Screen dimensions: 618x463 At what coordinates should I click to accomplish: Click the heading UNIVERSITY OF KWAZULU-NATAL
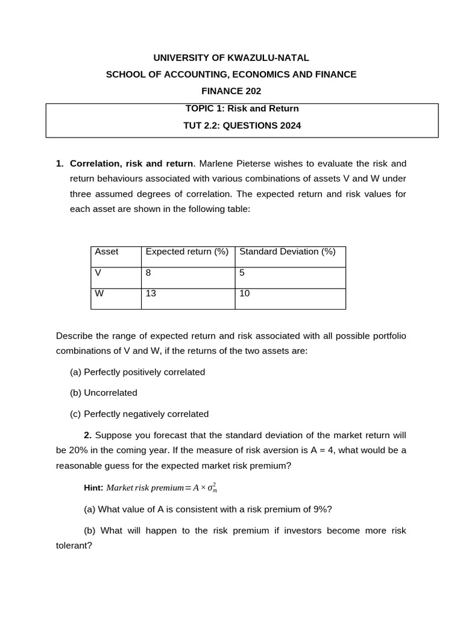[x=231, y=58]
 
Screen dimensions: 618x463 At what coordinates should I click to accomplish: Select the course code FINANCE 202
[x=231, y=91]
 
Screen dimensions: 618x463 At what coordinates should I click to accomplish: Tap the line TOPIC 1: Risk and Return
[x=242, y=109]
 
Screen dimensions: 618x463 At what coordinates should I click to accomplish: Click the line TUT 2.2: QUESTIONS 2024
[x=242, y=126]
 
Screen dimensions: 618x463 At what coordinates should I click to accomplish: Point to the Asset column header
[x=107, y=252]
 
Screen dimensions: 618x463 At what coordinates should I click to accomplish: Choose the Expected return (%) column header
[x=187, y=252]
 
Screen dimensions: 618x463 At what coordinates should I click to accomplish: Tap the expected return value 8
[x=148, y=273]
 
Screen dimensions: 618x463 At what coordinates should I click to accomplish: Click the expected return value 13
[x=151, y=294]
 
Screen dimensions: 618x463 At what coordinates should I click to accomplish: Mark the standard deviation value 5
[x=242, y=273]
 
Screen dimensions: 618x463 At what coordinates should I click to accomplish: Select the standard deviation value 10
[x=245, y=294]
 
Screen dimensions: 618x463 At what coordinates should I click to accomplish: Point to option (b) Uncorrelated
[x=104, y=393]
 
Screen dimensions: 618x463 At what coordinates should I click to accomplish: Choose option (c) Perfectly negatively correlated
[x=139, y=414]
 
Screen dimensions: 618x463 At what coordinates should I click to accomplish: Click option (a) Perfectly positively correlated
[x=137, y=372]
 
